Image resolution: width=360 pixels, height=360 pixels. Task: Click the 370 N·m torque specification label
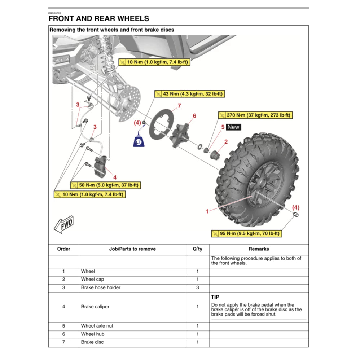click(255, 115)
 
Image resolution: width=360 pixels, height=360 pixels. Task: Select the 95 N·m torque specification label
click(246, 233)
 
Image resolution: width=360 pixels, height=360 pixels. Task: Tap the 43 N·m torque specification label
click(189, 94)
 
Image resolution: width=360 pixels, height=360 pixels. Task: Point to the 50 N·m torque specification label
click(105, 185)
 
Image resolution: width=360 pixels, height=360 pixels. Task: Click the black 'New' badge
click(233, 127)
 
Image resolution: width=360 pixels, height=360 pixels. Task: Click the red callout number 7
click(179, 106)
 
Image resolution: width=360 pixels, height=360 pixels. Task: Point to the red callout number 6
click(194, 116)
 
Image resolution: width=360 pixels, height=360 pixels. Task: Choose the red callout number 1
click(207, 211)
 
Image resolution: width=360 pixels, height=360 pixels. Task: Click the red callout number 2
click(226, 142)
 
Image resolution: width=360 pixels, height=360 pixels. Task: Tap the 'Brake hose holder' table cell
click(101, 287)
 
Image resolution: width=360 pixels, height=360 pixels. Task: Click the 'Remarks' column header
click(259, 249)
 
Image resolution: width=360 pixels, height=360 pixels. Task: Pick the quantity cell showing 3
click(197, 287)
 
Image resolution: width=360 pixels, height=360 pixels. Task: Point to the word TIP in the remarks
click(215, 297)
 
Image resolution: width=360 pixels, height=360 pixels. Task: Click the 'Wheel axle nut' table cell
click(97, 326)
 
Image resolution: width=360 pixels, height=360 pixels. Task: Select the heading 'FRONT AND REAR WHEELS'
click(98, 18)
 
